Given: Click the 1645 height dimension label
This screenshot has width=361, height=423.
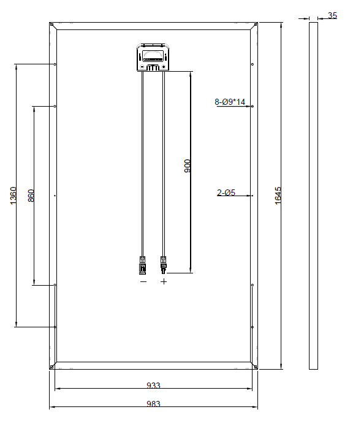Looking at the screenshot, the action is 278,196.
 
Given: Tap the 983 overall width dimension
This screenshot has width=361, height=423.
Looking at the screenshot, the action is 153,404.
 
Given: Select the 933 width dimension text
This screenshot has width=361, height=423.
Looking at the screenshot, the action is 153,386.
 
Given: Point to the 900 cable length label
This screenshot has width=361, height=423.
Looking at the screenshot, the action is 188,166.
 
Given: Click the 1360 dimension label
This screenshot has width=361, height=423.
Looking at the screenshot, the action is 13,196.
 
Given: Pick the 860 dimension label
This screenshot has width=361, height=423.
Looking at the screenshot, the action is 31,196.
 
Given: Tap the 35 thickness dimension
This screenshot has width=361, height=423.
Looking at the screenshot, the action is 332,15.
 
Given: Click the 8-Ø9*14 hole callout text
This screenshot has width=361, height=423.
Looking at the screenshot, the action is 230,102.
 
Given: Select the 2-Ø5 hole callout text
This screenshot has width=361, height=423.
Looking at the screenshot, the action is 226,192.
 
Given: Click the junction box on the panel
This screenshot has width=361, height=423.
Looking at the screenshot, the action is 153,58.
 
